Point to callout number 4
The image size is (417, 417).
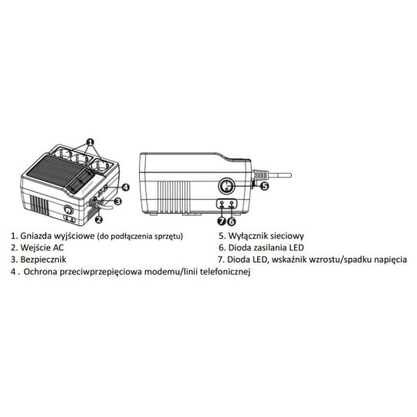pyautogui.click(x=125, y=187)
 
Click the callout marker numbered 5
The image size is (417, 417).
pyautogui.click(x=263, y=185)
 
